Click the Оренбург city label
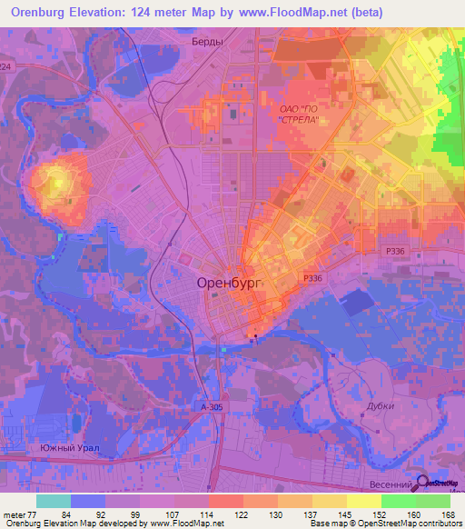tap(228, 284)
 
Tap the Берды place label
tap(207, 43)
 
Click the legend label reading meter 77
tap(19, 514)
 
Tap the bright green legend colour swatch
tap(399, 501)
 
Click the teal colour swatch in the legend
tap(54, 501)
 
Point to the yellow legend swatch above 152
tap(364, 501)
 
